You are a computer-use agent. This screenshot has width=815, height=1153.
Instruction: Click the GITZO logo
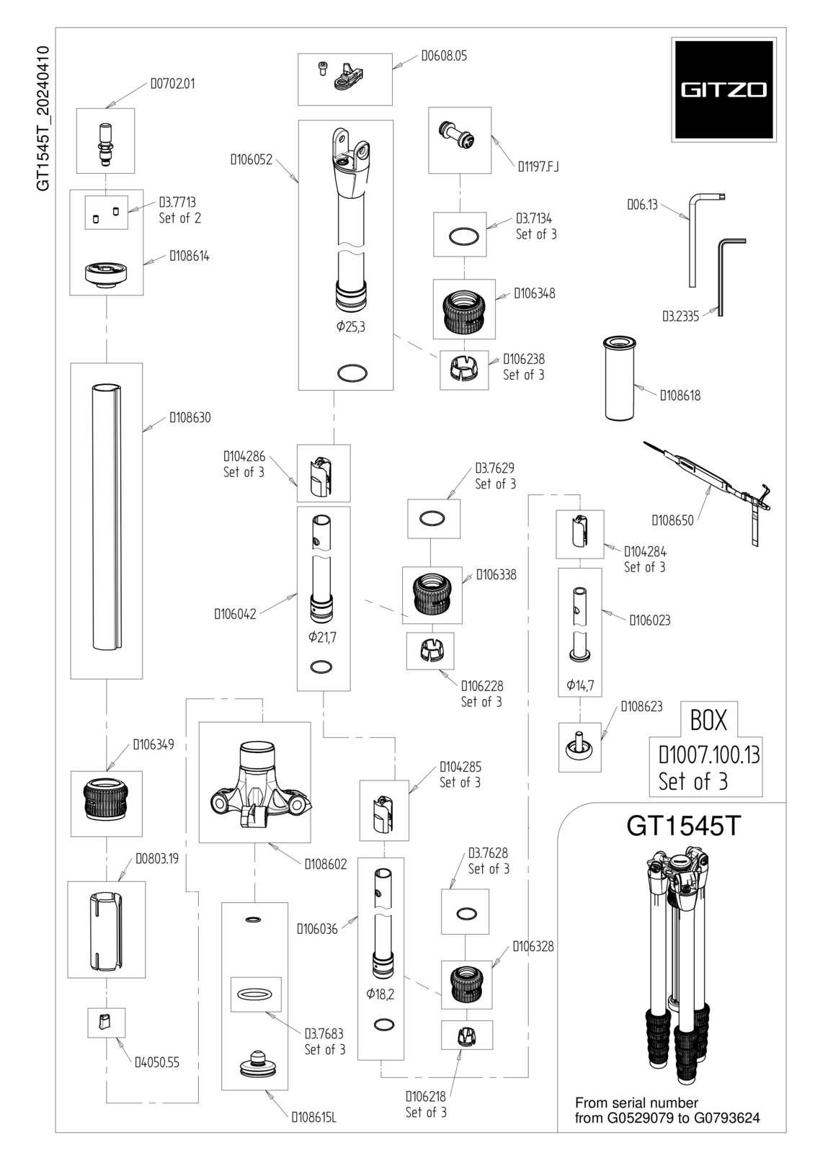point(723,89)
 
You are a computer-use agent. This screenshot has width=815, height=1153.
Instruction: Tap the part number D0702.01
point(173,84)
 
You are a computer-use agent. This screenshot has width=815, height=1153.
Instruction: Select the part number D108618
point(680,396)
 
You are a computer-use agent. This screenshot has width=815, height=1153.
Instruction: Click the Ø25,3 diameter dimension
point(351,326)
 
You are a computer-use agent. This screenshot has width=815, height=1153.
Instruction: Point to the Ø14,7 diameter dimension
point(580,685)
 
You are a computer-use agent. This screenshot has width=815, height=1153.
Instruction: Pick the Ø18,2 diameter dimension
point(380,994)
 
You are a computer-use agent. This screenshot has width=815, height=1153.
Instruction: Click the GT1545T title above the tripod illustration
point(683,825)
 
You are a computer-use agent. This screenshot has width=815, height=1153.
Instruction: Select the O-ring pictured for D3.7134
point(464,236)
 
